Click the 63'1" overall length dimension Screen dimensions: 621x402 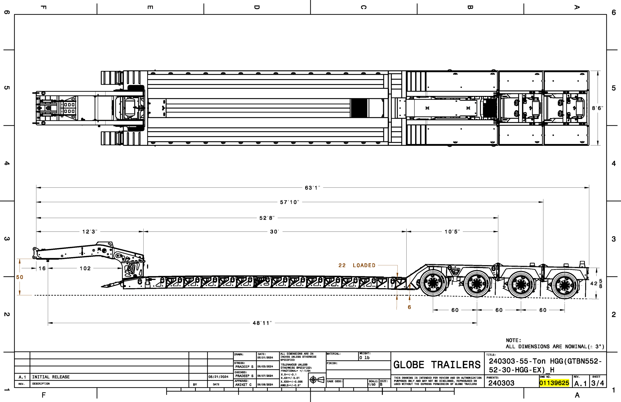click(312, 188)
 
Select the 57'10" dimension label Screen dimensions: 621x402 click(289, 202)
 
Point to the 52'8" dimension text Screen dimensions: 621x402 click(267, 218)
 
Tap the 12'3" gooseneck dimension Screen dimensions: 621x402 click(90, 232)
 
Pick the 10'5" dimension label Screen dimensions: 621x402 click(452, 232)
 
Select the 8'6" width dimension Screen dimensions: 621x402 click(597, 108)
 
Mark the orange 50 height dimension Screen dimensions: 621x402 click(20, 277)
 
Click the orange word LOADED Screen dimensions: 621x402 click(364, 265)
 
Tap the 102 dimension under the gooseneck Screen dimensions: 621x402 click(85, 268)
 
